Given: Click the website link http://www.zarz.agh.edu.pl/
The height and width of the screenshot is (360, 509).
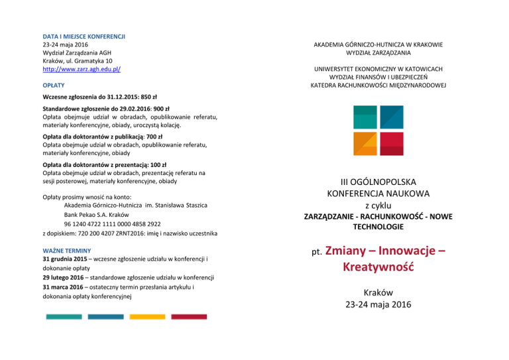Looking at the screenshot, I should [x=81, y=68].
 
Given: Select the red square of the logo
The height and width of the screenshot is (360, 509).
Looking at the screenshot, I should [x=391, y=143].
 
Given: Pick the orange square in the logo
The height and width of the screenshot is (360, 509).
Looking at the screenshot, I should [x=367, y=142].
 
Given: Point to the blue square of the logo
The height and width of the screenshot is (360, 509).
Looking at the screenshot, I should [x=390, y=117].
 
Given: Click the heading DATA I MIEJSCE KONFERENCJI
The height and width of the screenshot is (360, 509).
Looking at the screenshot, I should [x=84, y=36].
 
